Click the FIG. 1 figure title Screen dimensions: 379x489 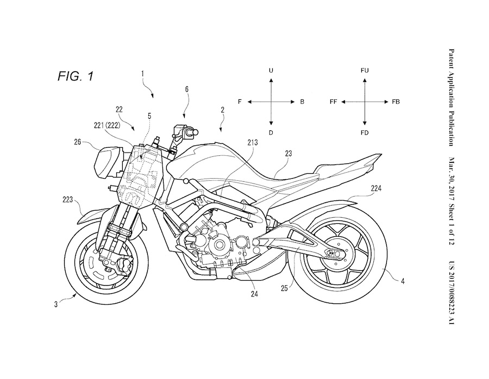75,75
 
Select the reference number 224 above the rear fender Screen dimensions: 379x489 361,189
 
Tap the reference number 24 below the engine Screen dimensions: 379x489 254,295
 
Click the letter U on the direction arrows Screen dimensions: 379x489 270,71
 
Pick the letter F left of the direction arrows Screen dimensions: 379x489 240,102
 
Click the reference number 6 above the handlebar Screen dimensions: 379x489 186,88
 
